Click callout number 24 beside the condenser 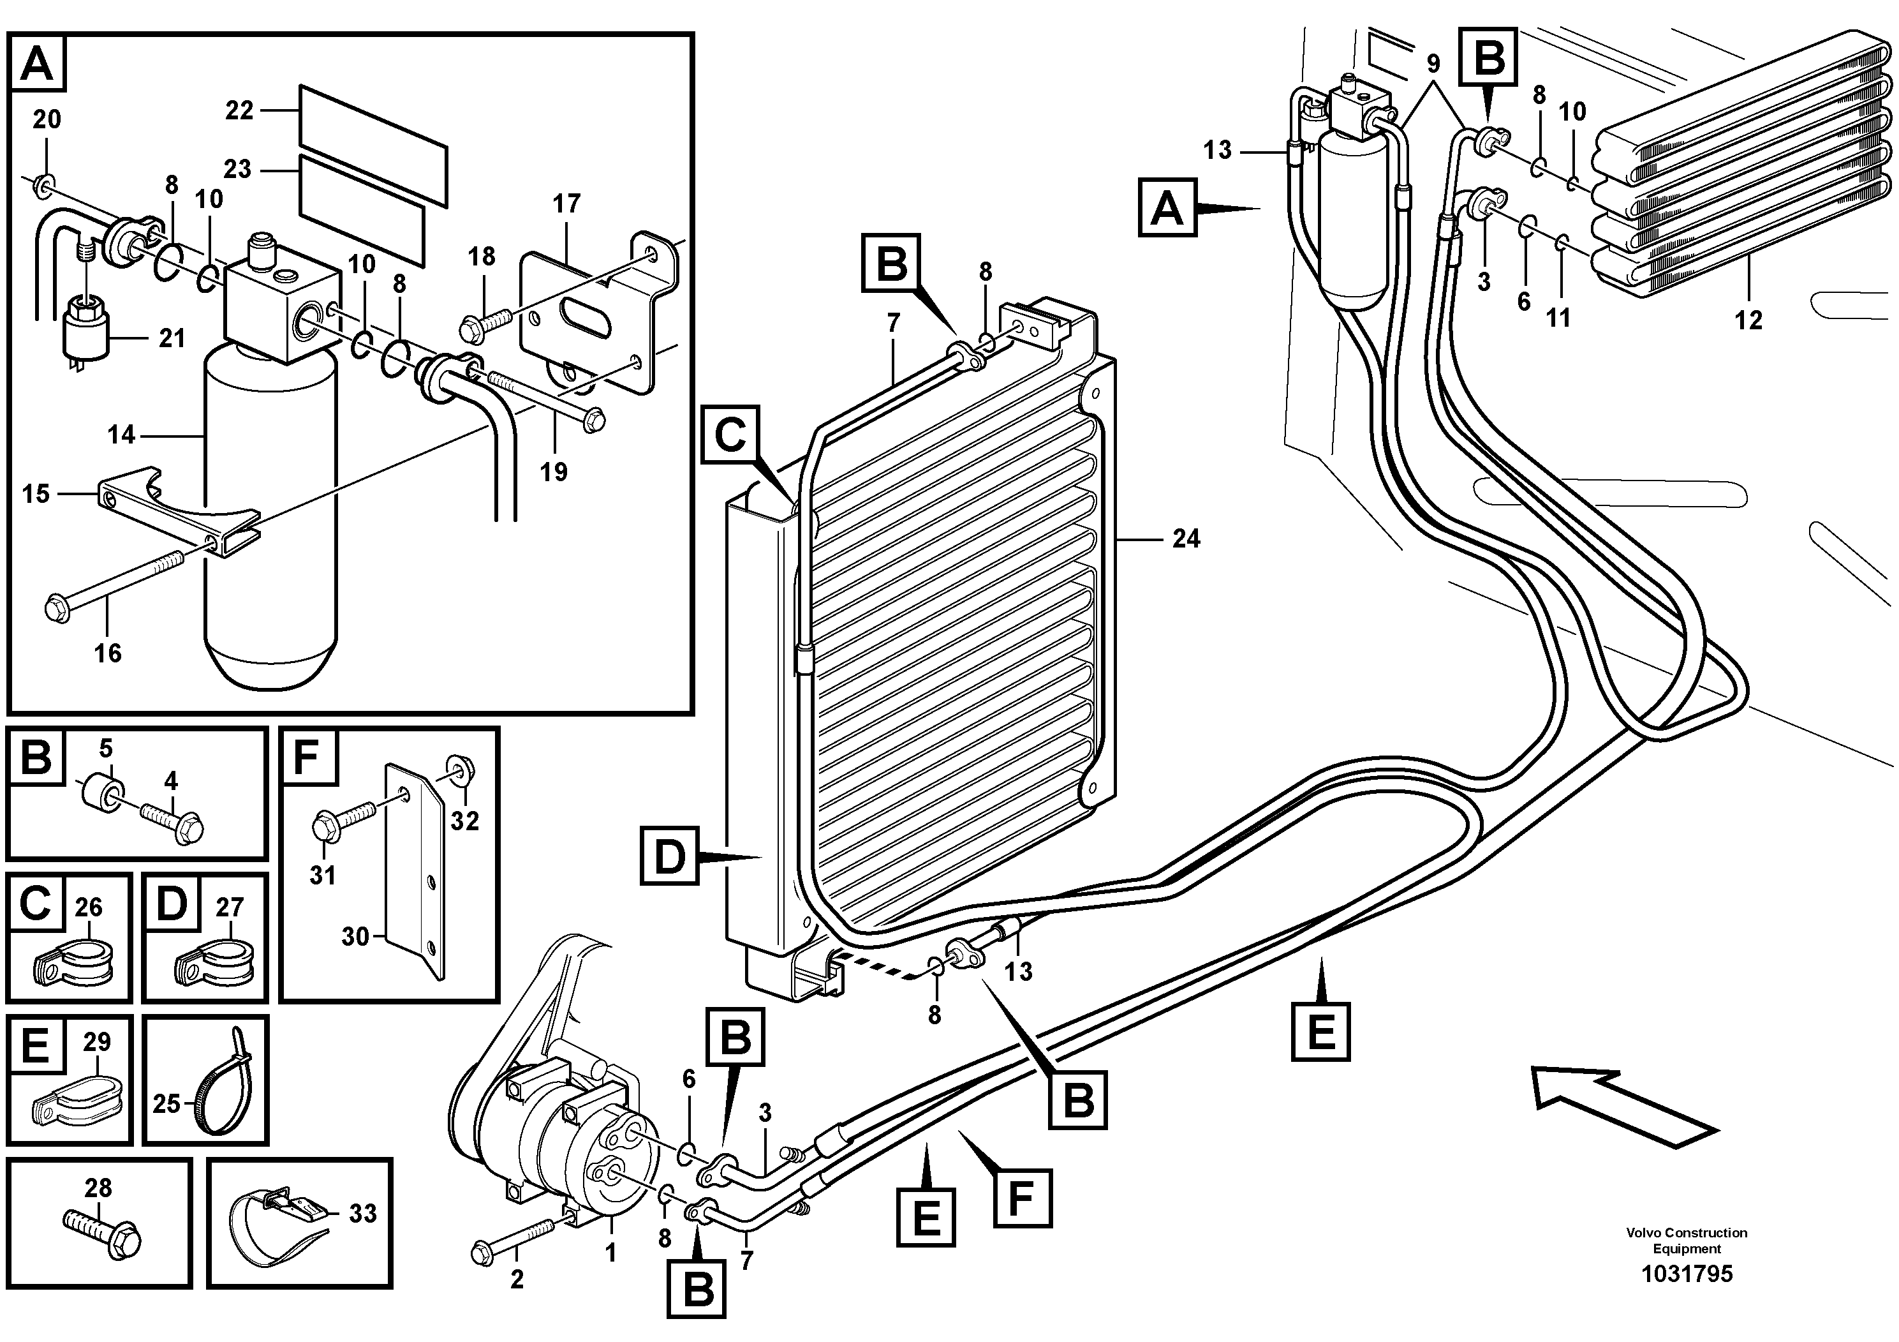tap(1186, 539)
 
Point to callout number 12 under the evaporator tap(1748, 319)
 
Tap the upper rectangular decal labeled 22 tap(372, 145)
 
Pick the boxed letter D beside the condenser tap(670, 857)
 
